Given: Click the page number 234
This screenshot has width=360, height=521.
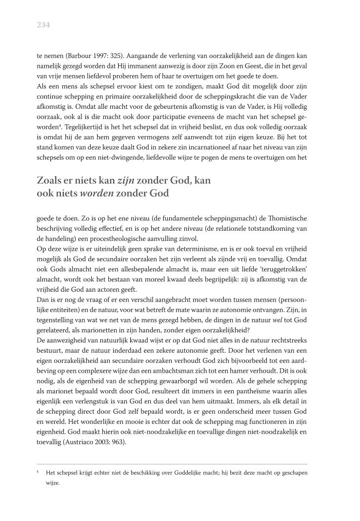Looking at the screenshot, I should pyautogui.click(x=44, y=25).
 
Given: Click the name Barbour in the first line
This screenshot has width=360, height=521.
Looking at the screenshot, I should pyautogui.click(x=83, y=56).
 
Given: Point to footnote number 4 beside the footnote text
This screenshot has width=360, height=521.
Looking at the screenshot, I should pyautogui.click(x=38, y=472).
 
